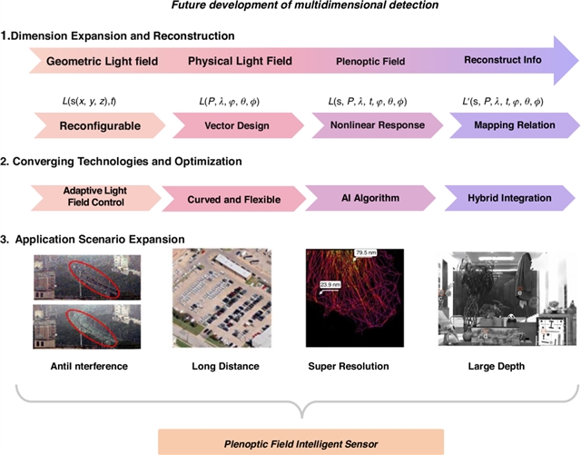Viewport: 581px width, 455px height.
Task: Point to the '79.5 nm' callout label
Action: pos(367,252)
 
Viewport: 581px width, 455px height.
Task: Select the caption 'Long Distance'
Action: pos(225,366)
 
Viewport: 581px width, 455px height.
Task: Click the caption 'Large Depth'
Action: pos(495,366)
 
